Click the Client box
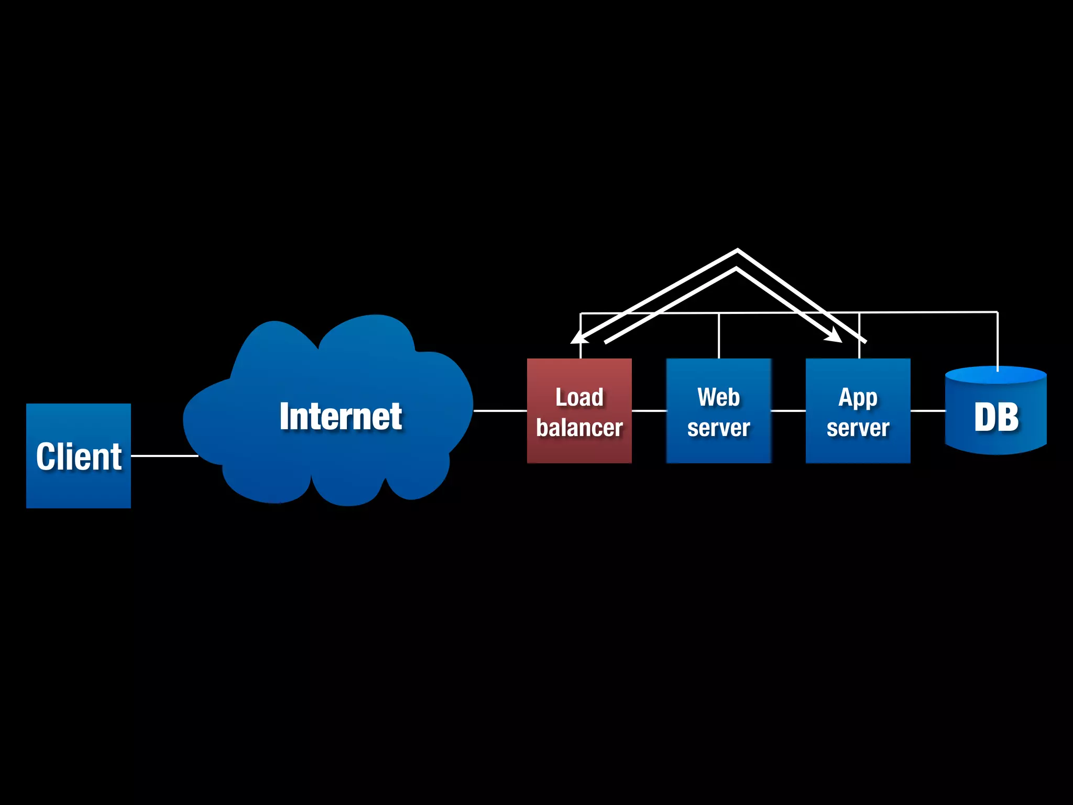click(x=79, y=455)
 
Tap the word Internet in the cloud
click(x=341, y=417)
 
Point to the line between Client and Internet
click(x=164, y=456)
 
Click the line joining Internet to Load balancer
click(x=500, y=411)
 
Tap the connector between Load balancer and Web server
click(x=649, y=411)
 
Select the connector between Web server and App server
click(x=788, y=411)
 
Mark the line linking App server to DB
click(x=927, y=411)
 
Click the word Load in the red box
click(x=579, y=397)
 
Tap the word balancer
click(x=579, y=428)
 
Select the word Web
click(x=718, y=397)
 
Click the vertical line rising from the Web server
click(x=719, y=336)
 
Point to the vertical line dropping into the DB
click(x=998, y=341)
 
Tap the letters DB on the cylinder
click(x=996, y=417)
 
